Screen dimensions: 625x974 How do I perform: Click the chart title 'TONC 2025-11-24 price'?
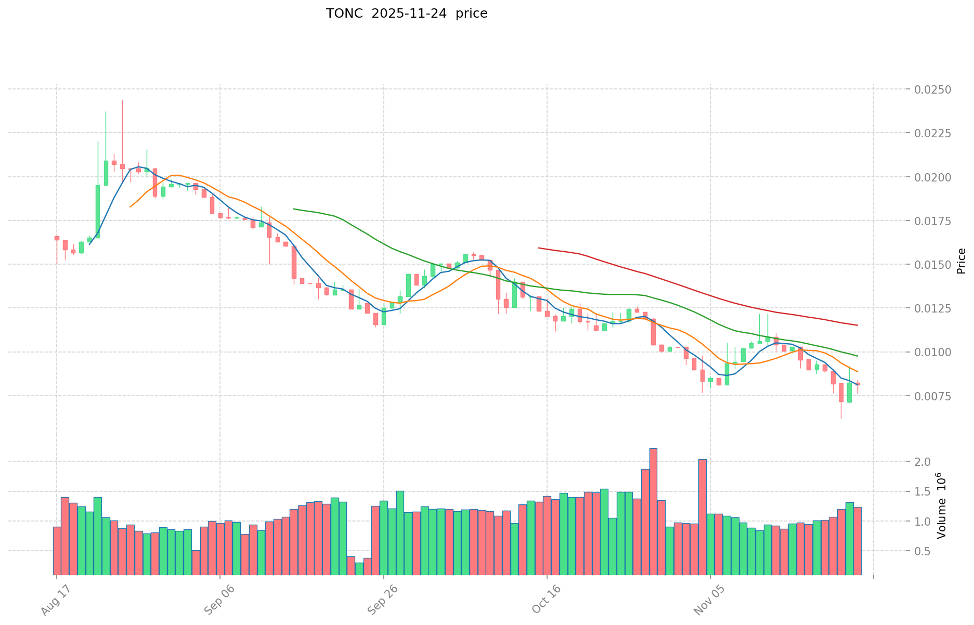point(406,14)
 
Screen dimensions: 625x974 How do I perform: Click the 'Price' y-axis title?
point(961,261)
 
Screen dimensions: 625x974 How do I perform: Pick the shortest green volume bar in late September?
point(359,569)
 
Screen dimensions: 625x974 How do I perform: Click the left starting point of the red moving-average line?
point(538,248)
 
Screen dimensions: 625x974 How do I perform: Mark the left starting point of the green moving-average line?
point(294,209)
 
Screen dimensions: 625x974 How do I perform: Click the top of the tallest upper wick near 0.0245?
point(122,100)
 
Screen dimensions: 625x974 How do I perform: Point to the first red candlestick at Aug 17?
point(57,238)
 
